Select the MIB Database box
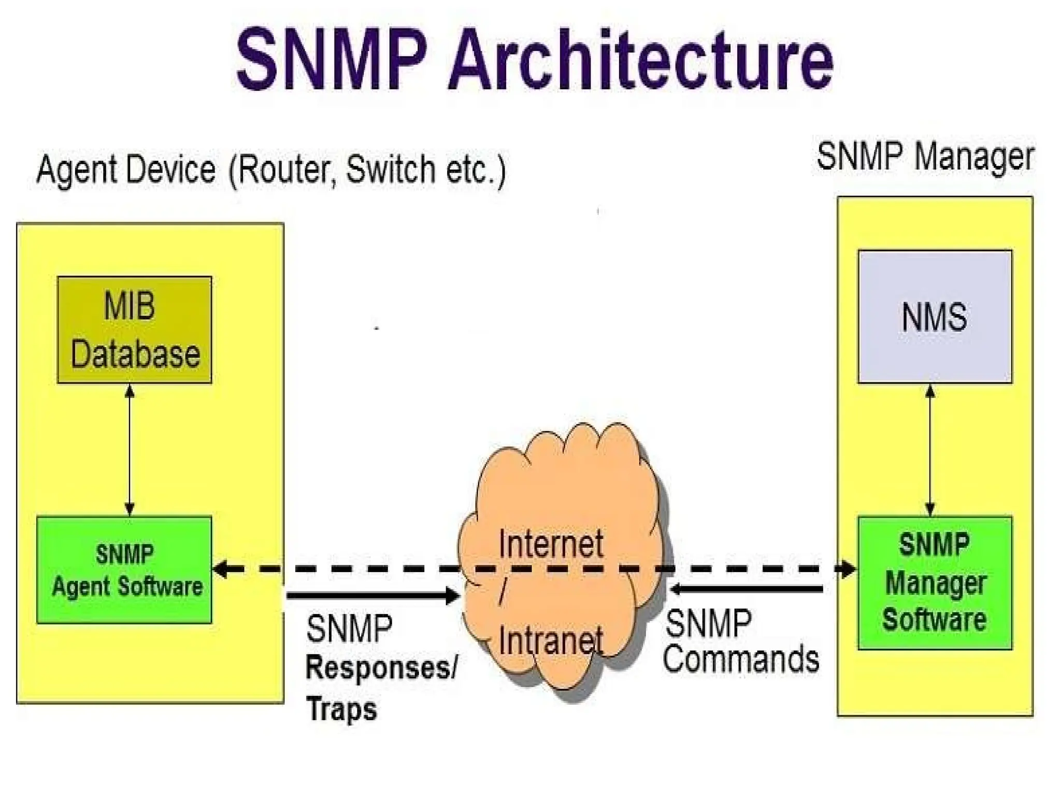pyautogui.click(x=134, y=330)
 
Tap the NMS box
pyautogui.click(x=935, y=317)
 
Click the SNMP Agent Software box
pyautogui.click(x=124, y=570)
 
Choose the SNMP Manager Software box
pyautogui.click(x=935, y=582)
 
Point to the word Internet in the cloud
pyautogui.click(x=551, y=544)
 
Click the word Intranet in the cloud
pyautogui.click(x=551, y=641)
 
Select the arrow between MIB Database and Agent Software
pyautogui.click(x=130, y=450)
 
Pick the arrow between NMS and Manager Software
pyautogui.click(x=930, y=450)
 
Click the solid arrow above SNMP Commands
pyautogui.click(x=746, y=589)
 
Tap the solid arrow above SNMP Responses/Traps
pyautogui.click(x=373, y=595)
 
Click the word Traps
pyautogui.click(x=341, y=708)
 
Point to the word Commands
pyautogui.click(x=741, y=659)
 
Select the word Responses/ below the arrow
pyautogui.click(x=382, y=667)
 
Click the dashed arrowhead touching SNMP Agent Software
pyautogui.click(x=221, y=570)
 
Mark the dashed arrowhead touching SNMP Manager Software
pyautogui.click(x=849, y=569)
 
